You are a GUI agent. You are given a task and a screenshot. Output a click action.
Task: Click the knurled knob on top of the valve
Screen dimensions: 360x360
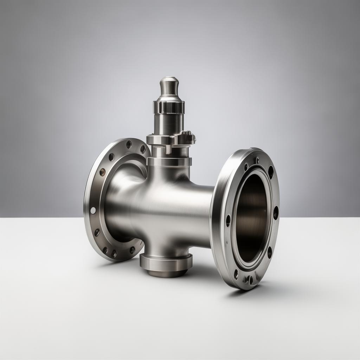point(169,86)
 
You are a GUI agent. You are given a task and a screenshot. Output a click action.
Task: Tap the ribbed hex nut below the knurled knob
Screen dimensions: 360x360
point(169,107)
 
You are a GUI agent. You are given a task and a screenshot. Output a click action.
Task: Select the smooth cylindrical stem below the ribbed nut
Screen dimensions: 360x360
point(169,124)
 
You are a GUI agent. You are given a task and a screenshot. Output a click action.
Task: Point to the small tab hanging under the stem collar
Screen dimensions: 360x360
point(169,149)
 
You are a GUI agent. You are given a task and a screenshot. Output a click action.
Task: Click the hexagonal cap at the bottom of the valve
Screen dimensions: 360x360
point(166,262)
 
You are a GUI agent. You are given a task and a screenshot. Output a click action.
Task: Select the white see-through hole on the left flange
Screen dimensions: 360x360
point(93,210)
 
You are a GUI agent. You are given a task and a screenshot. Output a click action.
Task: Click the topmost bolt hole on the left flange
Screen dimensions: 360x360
point(129,144)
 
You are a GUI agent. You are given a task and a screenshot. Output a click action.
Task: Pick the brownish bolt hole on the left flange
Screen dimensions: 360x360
point(102,172)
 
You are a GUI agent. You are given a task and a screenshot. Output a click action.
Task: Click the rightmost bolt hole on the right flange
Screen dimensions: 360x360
point(276,213)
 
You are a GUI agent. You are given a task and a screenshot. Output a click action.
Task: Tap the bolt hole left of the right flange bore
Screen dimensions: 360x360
point(228,220)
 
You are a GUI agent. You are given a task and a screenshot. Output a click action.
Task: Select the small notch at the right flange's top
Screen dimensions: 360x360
point(257,160)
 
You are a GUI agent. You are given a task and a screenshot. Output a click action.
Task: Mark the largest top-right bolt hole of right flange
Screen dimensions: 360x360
point(271,172)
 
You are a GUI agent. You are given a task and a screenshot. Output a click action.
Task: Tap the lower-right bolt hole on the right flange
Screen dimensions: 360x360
point(270,252)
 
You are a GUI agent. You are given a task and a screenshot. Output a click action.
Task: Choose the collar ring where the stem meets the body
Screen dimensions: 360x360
point(169,161)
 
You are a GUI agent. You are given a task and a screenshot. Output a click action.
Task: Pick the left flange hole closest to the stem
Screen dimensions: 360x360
point(143,149)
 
